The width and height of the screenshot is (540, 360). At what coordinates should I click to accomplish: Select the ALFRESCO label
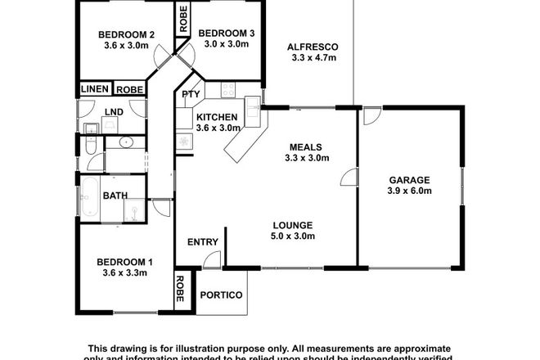pos(313,47)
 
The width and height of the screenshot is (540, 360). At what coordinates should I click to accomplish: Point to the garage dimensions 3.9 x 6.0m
pos(410,191)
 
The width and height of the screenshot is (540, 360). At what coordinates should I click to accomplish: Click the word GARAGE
pos(410,179)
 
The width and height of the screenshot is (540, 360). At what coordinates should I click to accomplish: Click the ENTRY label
pos(202,241)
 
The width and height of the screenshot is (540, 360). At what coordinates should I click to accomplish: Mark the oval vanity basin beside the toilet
pos(126,143)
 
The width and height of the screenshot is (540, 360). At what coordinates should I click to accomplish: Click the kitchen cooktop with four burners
pos(227,90)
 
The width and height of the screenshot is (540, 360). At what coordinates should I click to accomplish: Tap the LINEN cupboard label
pos(96,89)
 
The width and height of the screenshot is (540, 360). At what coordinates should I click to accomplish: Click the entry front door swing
pos(211,261)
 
